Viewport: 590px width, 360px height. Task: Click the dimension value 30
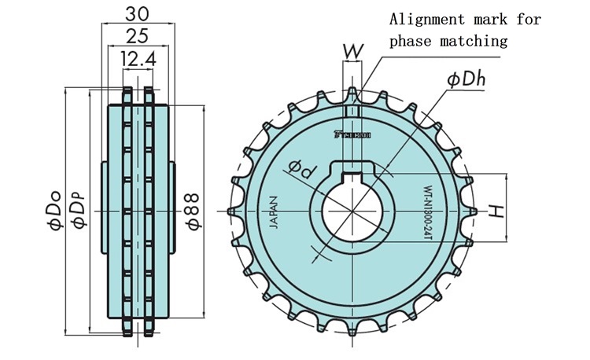pyautogui.click(x=134, y=13)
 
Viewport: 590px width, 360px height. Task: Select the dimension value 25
pyautogui.click(x=134, y=35)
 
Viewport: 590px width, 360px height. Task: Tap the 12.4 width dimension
pyautogui.click(x=134, y=57)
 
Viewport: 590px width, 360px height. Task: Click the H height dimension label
pyautogui.click(x=496, y=210)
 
